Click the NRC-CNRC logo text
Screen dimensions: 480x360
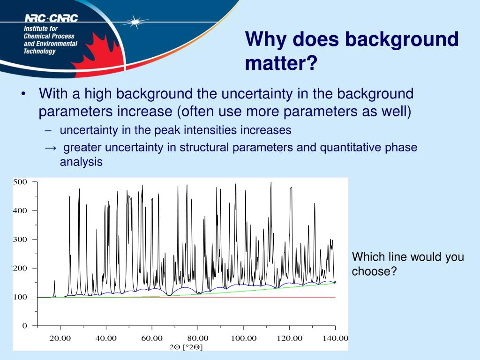tap(52, 18)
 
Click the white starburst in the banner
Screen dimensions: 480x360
tap(135, 22)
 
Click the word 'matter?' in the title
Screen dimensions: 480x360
tap(281, 63)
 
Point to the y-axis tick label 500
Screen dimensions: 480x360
tap(20, 182)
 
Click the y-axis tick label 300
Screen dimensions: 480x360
tap(20, 240)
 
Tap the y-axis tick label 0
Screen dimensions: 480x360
tap(24, 326)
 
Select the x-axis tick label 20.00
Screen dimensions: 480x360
tap(60, 338)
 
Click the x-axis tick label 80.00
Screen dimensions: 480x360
tap(198, 338)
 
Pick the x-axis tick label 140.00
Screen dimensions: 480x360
tap(336, 338)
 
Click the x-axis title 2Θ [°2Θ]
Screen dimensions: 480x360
tap(186, 347)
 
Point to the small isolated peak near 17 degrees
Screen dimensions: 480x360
tap(54, 288)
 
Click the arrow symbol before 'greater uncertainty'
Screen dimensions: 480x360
tap(51, 148)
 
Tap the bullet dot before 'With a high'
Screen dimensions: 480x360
tap(23, 94)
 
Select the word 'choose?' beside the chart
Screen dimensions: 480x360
tap(374, 271)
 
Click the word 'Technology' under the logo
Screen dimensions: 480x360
tap(39, 51)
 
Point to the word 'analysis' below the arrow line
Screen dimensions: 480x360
tap(81, 162)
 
